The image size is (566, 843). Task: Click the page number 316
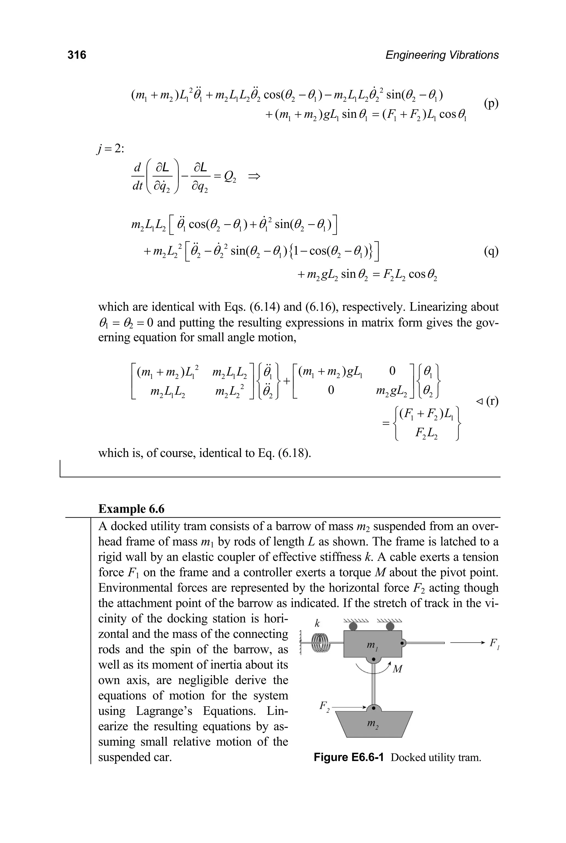77,55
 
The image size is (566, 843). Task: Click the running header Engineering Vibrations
442,55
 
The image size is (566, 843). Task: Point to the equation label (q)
491,251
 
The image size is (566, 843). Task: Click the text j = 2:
110,149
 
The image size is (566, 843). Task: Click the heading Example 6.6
131,509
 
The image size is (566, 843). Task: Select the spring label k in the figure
317,624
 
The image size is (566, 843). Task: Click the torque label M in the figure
397,669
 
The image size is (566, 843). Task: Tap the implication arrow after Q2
254,177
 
